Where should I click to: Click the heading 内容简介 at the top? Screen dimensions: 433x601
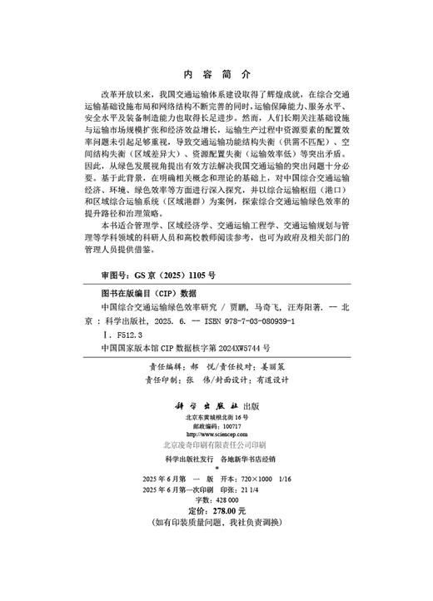point(215,73)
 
